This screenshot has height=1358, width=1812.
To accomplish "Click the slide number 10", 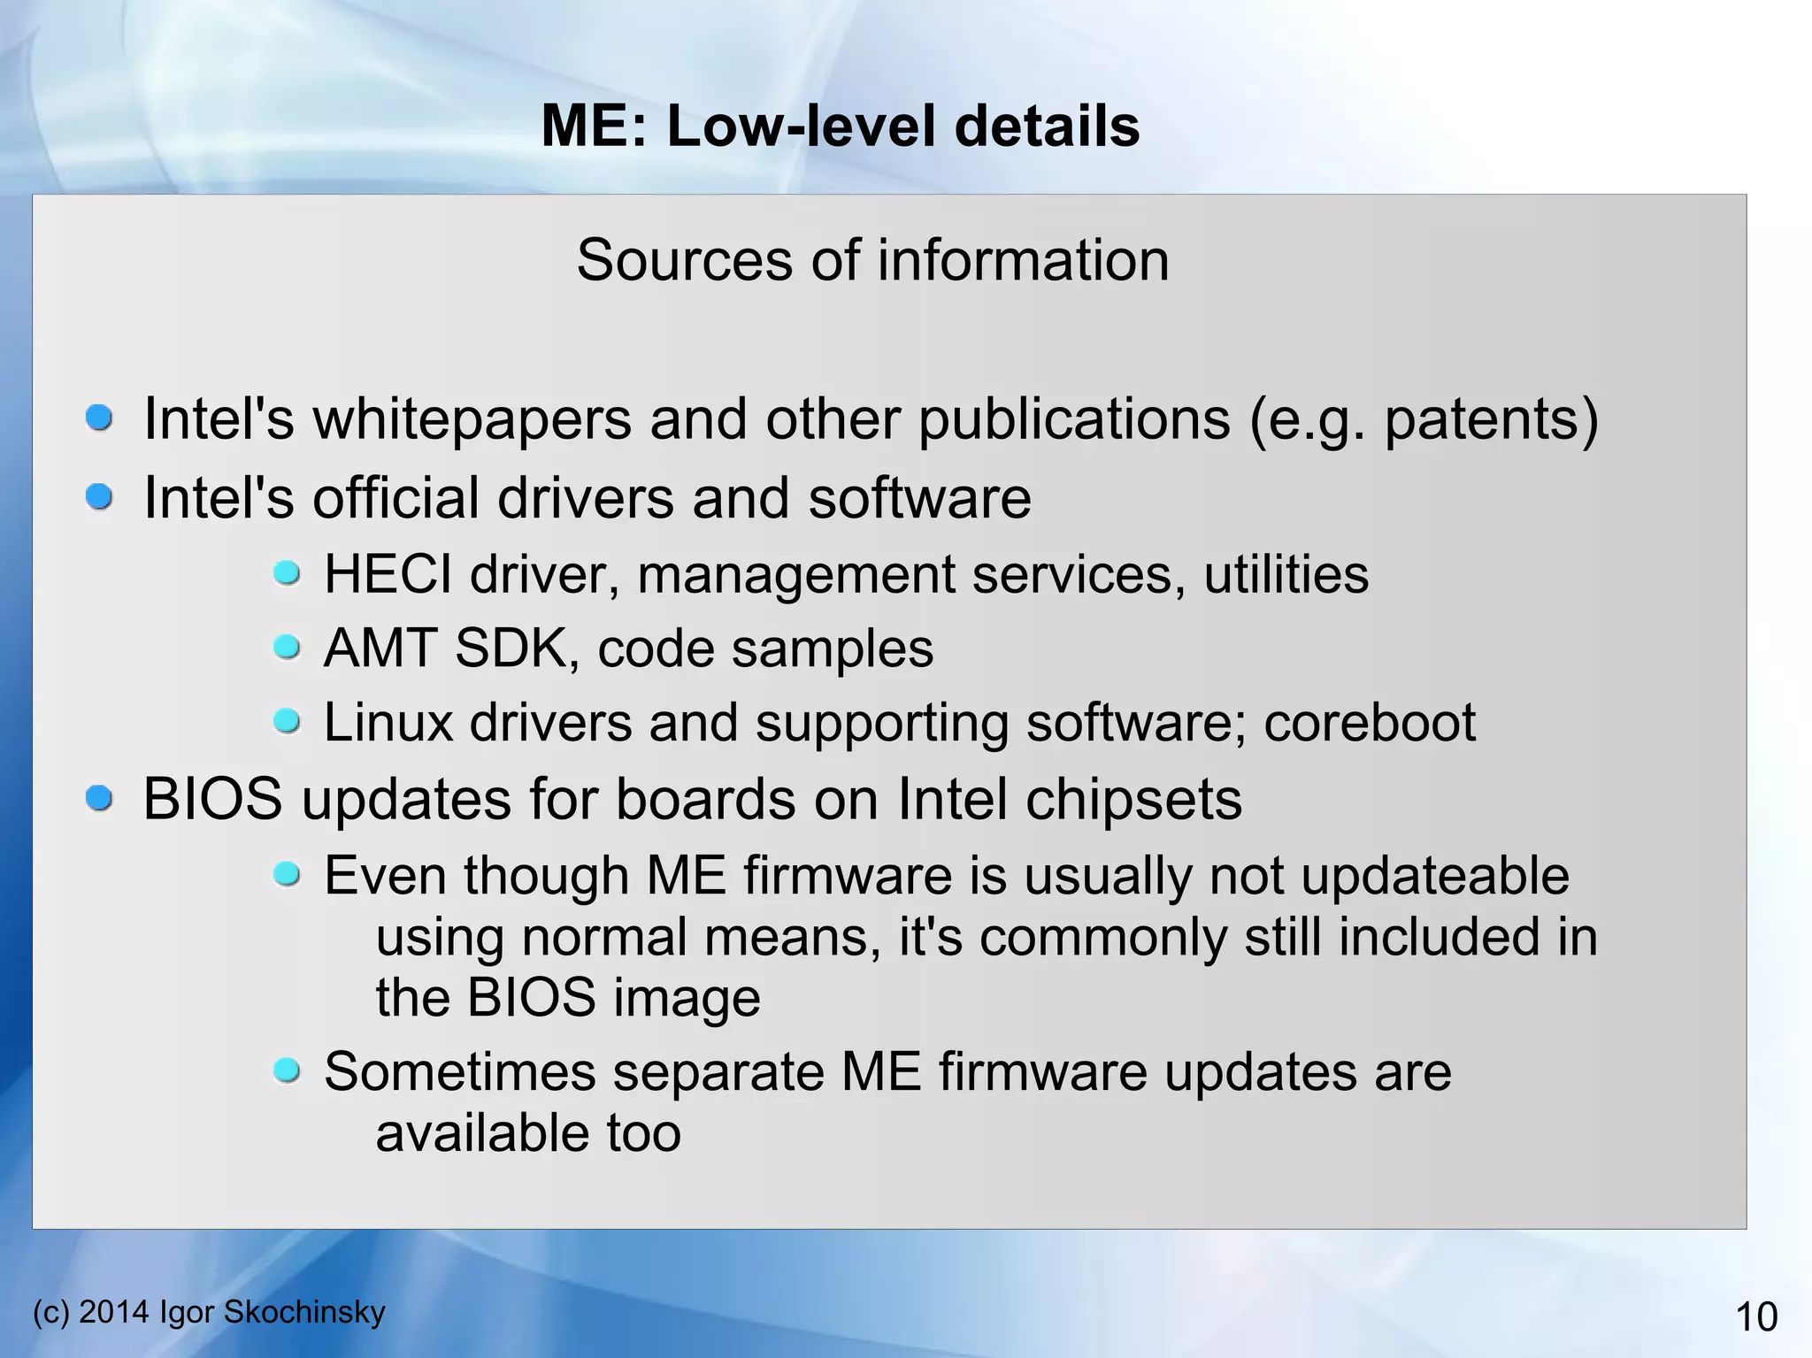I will tap(1756, 1317).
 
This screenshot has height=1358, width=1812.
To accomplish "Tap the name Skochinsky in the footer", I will tap(304, 1312).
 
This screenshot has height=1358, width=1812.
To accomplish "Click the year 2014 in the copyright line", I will tap(114, 1312).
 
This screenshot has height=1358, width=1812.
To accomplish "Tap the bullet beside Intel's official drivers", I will tap(99, 496).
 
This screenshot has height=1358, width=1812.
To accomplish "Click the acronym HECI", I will tap(388, 574).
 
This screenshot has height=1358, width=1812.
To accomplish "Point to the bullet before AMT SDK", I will tap(287, 648).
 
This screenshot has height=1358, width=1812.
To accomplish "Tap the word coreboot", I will tap(1369, 723).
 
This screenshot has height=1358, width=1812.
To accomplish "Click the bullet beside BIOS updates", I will tap(99, 799).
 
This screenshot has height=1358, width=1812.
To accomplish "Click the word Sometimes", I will tap(460, 1072).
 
